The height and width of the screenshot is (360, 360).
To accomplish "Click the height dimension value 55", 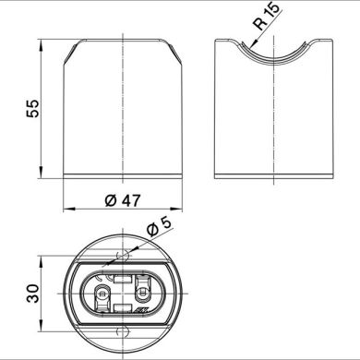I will [31, 108].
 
